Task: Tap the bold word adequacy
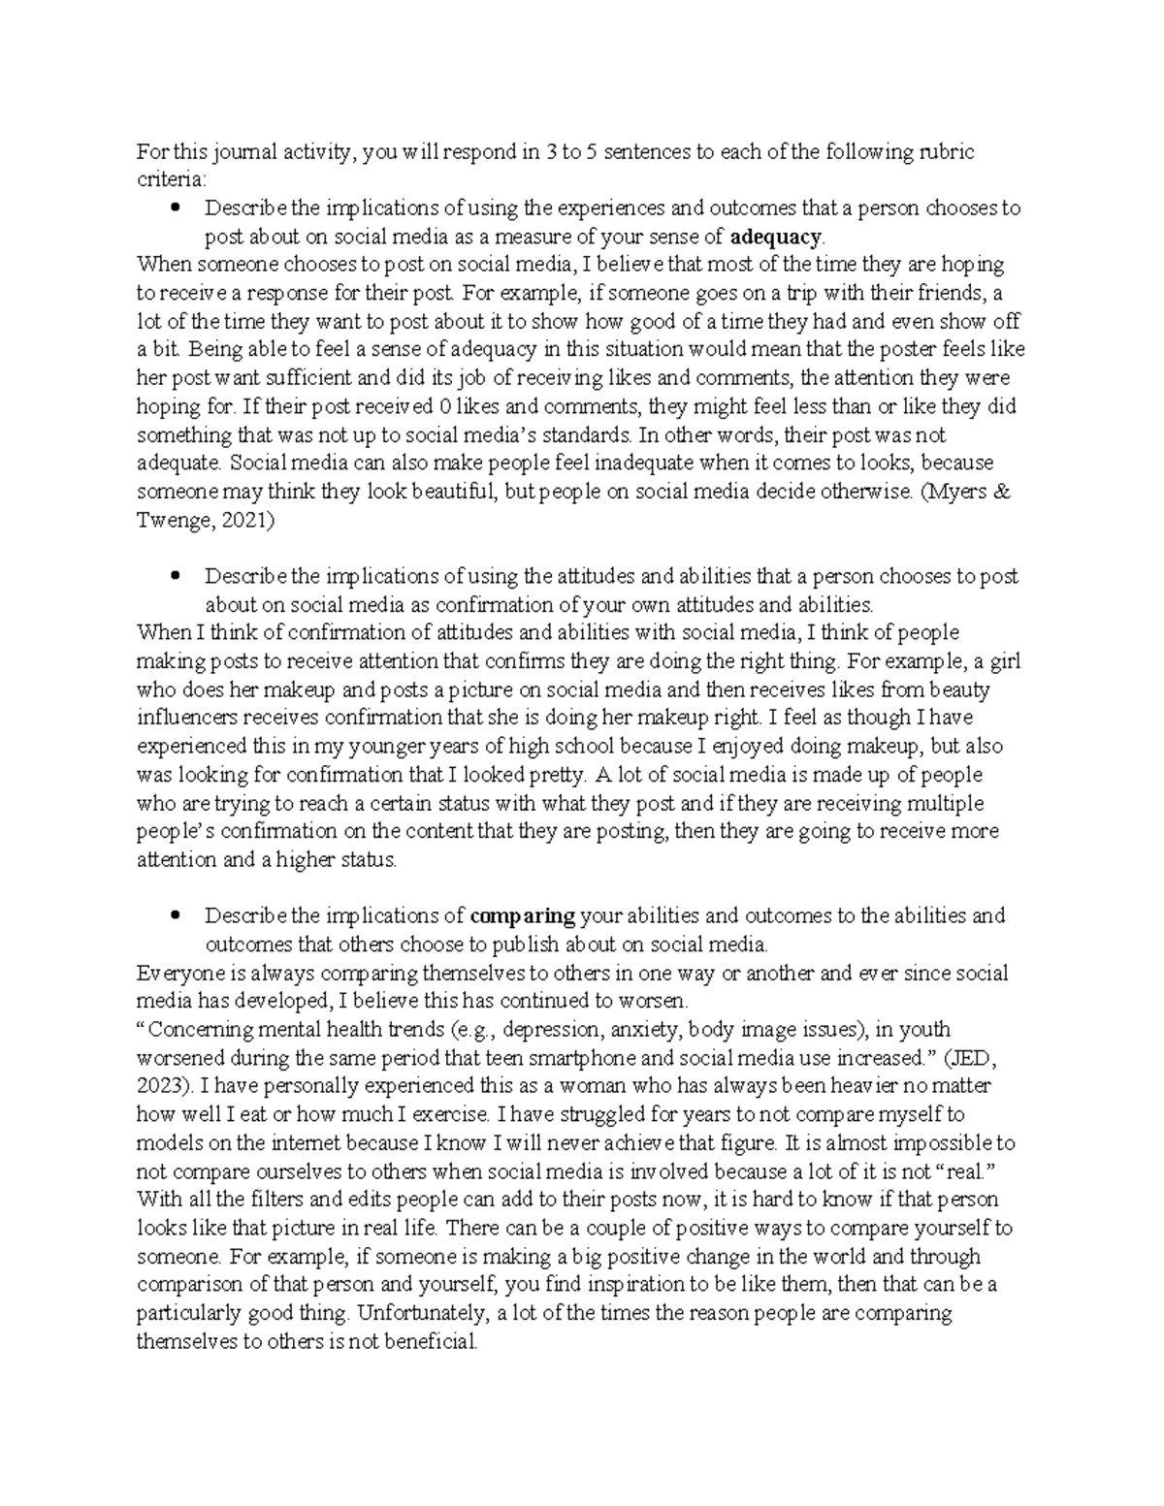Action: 775,237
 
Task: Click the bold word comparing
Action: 523,915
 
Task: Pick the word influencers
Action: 196,719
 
